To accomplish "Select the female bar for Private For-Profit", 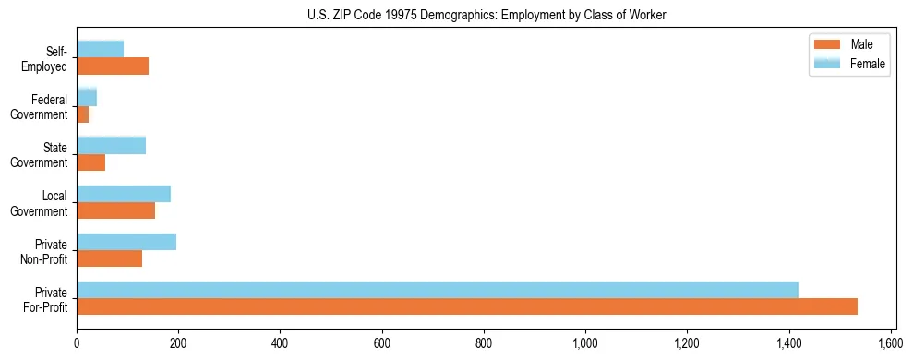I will tap(438, 290).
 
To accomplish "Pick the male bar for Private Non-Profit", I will tap(110, 258).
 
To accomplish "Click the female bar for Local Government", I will tap(124, 194).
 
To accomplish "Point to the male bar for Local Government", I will tap(116, 210).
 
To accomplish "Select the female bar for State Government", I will tap(112, 145).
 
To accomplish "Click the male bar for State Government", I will tap(91, 162).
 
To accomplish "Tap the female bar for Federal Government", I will tap(87, 97).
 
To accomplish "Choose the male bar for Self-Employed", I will tap(113, 66).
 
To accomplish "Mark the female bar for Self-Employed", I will tap(101, 49).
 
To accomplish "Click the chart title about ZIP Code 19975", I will tap(486, 16).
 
